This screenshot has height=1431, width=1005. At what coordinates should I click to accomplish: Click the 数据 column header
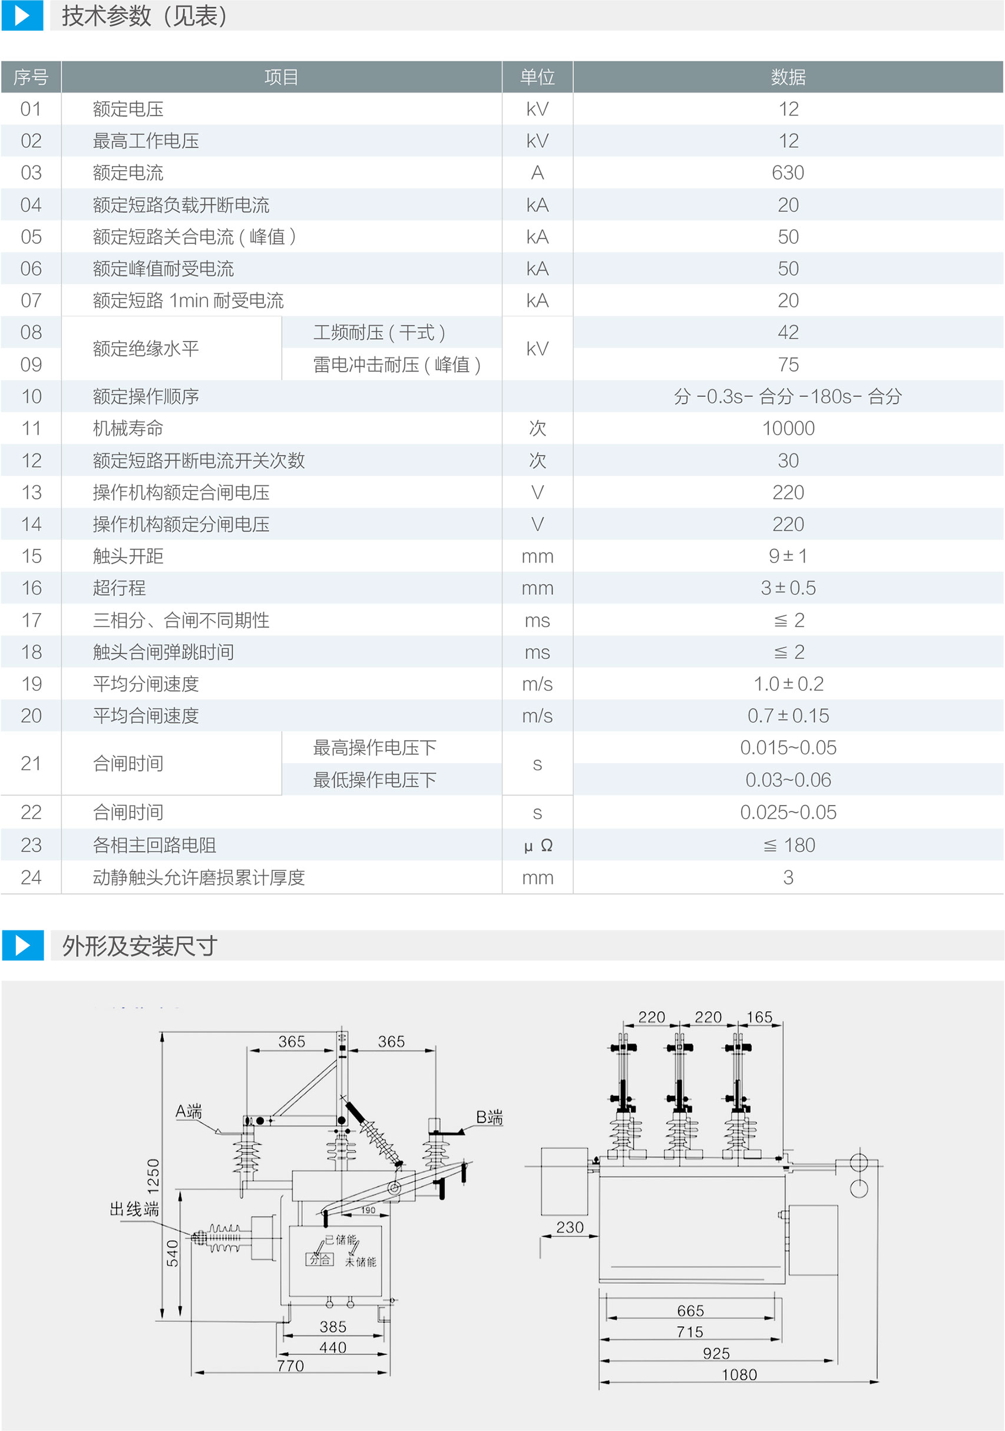click(x=788, y=77)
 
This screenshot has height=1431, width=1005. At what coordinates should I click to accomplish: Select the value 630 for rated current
click(x=788, y=173)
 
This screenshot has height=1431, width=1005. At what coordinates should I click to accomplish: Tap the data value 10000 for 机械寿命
click(x=788, y=428)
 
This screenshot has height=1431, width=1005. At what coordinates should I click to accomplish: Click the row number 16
click(x=31, y=588)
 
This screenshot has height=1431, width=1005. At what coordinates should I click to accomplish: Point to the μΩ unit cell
click(x=537, y=845)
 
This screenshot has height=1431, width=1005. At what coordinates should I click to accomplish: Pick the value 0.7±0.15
click(x=788, y=715)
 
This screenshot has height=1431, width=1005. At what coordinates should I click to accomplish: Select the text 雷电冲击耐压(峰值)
click(x=396, y=365)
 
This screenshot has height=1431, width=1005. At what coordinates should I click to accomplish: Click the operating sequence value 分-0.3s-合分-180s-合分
click(x=788, y=396)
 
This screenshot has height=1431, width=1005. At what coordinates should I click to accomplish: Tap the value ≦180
click(x=789, y=845)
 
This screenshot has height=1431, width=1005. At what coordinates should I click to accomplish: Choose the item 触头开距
click(x=128, y=556)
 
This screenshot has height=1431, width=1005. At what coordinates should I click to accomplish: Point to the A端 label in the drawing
click(x=189, y=1111)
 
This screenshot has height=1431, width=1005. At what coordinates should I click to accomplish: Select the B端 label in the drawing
click(x=489, y=1117)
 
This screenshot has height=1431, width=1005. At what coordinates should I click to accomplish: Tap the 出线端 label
click(x=134, y=1209)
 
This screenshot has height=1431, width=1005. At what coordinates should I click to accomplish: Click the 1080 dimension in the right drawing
click(x=739, y=1375)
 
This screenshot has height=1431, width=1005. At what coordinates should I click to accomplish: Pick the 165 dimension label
click(x=759, y=1017)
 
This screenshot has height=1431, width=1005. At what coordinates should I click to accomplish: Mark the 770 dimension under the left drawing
click(x=290, y=1366)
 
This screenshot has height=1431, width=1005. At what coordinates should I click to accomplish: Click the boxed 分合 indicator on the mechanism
click(x=320, y=1260)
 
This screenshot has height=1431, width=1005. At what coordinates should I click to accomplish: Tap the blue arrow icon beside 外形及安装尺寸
click(x=22, y=946)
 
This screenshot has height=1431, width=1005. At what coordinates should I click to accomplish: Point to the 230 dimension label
click(x=570, y=1227)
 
